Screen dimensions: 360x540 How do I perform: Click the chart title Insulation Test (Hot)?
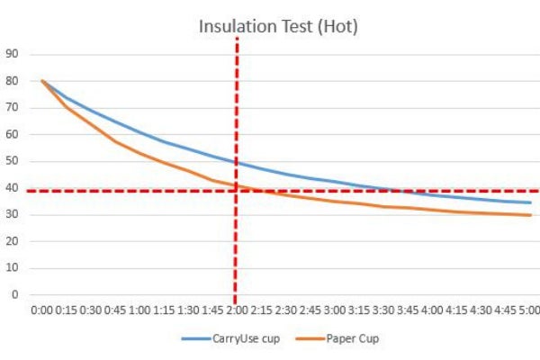coord(278,26)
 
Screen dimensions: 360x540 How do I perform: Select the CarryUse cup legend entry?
coord(238,339)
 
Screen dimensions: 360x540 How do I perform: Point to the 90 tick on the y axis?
coord(13,53)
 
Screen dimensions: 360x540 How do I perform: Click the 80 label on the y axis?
coord(13,81)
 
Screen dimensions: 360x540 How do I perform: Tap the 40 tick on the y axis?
coord(13,188)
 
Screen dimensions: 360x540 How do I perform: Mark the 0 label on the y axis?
coord(15,294)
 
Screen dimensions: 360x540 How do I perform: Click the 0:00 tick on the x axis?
coord(41,310)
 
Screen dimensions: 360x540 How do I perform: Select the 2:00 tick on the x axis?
coord(236,310)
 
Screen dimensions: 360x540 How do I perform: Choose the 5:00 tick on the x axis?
coord(529,310)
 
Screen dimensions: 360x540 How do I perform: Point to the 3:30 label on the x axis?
coord(382,310)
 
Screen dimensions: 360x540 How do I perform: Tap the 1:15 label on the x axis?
coord(163,310)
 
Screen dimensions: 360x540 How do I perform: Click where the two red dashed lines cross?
coord(237,191)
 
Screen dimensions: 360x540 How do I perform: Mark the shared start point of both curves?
coord(42,81)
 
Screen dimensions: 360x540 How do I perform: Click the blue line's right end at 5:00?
coord(530,202)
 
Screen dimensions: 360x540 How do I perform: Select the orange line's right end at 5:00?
coord(530,215)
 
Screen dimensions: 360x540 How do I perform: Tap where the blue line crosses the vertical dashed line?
coord(237,163)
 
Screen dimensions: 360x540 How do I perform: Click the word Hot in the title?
coord(341,26)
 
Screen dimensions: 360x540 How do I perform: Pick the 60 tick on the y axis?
coord(13,134)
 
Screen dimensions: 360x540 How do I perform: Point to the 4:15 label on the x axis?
coord(455,310)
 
